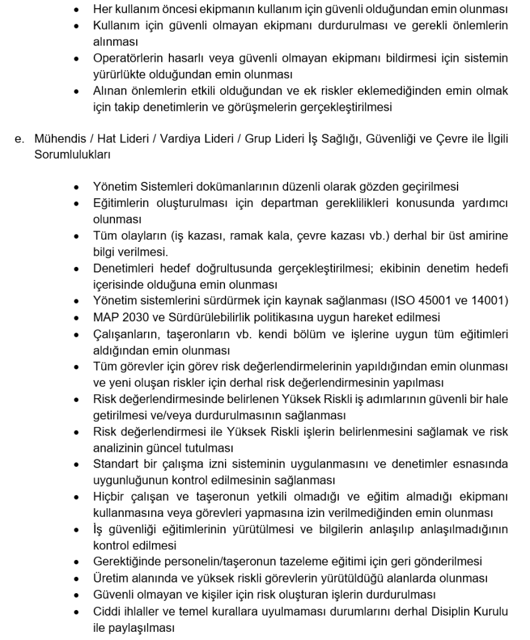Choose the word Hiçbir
tap(108, 498)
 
